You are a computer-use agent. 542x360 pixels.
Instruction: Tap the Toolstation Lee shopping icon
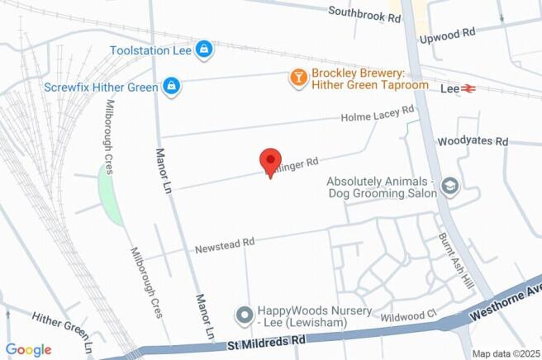203,50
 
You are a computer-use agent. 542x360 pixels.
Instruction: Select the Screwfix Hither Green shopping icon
171,85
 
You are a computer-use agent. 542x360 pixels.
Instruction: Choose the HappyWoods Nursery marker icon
244,315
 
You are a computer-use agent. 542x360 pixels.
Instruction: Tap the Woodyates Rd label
472,142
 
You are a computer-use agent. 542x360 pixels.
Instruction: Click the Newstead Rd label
224,245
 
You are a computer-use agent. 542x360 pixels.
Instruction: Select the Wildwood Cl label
408,315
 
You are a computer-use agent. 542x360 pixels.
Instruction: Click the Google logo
28,349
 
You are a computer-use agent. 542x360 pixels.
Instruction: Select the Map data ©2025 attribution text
504,353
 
